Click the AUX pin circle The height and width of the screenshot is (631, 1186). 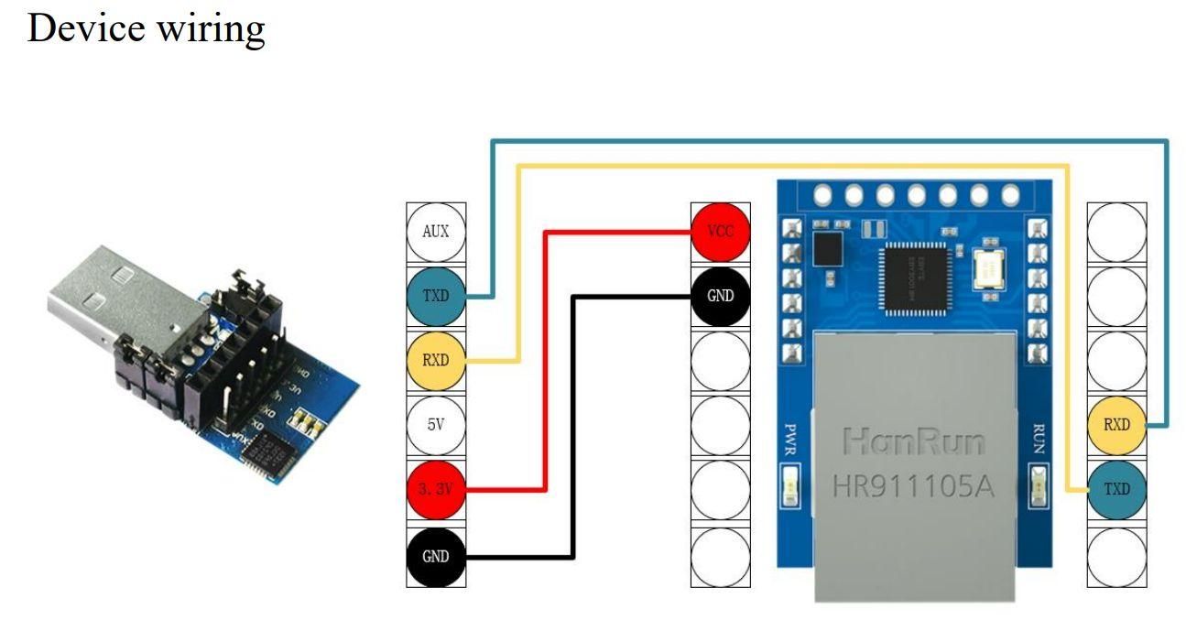436,233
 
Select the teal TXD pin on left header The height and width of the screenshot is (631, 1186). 436,297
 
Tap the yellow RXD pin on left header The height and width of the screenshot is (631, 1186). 436,361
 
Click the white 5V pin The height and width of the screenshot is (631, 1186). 436,425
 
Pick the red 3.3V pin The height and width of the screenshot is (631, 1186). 436,490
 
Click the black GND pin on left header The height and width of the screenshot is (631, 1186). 436,555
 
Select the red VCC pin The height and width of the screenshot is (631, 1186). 720,233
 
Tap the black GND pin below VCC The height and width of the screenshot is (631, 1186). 720,297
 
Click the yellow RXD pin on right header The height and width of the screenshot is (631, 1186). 1115,425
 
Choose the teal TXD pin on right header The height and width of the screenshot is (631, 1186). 1115,490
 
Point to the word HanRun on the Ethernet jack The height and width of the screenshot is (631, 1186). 913,442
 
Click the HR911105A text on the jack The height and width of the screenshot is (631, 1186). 913,485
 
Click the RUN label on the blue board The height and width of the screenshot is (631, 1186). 1038,438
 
